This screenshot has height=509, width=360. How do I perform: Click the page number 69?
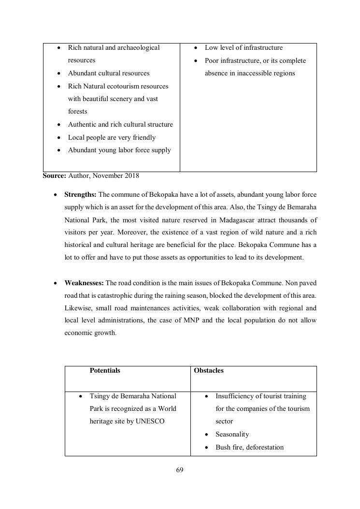(x=180, y=470)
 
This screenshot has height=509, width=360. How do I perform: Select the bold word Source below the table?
(x=54, y=176)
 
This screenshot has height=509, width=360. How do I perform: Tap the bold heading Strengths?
(x=80, y=195)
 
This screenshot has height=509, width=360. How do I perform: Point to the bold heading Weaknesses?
(x=84, y=283)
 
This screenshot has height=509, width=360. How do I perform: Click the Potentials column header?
(x=105, y=371)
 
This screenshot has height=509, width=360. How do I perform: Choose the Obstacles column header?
(x=209, y=371)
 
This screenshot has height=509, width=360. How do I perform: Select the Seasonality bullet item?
(x=232, y=435)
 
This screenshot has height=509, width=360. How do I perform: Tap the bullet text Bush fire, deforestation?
(x=249, y=448)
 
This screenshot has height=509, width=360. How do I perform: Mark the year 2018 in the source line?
(x=131, y=176)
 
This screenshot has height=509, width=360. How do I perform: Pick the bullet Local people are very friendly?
(x=112, y=138)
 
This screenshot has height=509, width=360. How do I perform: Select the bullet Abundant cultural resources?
(x=109, y=73)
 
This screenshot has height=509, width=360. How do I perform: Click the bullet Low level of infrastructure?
(x=244, y=48)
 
